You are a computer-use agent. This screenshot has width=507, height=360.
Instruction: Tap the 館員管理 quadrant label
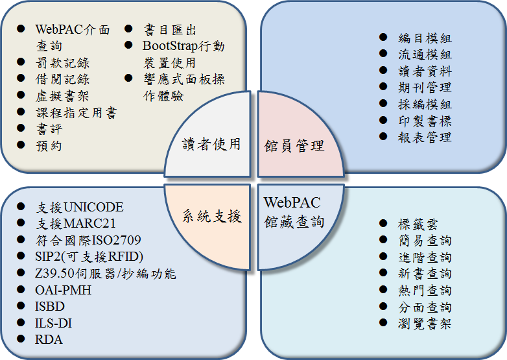[295, 145]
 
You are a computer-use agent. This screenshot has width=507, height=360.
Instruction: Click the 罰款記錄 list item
[62, 63]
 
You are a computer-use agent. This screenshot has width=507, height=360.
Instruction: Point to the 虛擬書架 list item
[62, 96]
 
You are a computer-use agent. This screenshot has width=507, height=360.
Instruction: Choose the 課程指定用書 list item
[76, 113]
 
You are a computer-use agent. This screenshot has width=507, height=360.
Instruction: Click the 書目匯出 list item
[170, 30]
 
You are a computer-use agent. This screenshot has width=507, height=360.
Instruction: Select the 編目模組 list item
[425, 38]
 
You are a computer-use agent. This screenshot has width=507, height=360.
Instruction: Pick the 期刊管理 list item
[425, 88]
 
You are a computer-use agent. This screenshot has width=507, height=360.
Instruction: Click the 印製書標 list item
[425, 121]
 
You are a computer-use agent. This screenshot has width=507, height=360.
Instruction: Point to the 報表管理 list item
[425, 137]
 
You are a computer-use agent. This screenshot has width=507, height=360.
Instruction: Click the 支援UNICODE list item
[80, 208]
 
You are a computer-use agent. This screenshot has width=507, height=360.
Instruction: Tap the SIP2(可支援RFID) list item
[89, 256]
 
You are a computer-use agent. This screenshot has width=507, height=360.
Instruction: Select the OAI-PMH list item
[64, 290]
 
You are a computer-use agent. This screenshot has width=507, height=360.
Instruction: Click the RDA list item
[49, 339]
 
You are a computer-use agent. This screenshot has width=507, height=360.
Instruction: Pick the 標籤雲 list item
[418, 224]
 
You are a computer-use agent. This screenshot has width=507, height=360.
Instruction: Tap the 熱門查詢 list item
[425, 291]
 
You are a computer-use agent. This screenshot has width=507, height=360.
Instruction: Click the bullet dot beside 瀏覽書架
[384, 323]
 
